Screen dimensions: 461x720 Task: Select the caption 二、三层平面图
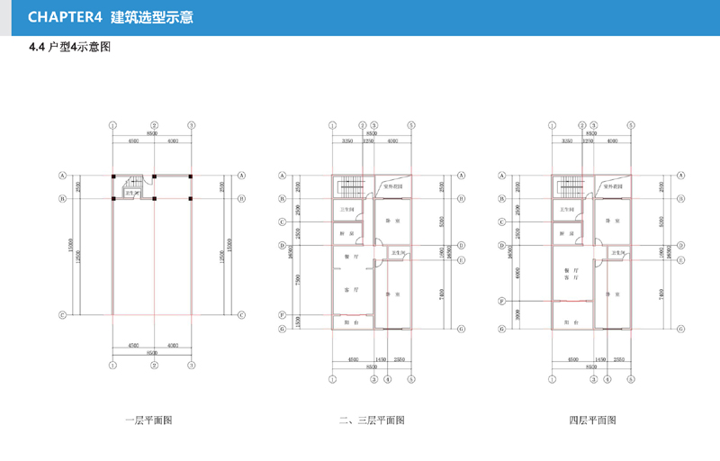click(371, 420)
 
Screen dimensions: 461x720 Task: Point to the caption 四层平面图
click(591, 420)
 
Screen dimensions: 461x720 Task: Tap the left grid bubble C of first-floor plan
click(63, 315)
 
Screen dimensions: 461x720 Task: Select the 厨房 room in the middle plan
click(346, 233)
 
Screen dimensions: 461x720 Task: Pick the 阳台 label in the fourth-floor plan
click(569, 322)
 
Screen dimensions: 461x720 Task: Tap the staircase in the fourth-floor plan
click(568, 190)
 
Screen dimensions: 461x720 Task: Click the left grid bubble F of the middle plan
click(283, 315)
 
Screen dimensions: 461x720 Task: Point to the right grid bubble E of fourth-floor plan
click(681, 260)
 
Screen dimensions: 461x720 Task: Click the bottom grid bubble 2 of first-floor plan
click(155, 366)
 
